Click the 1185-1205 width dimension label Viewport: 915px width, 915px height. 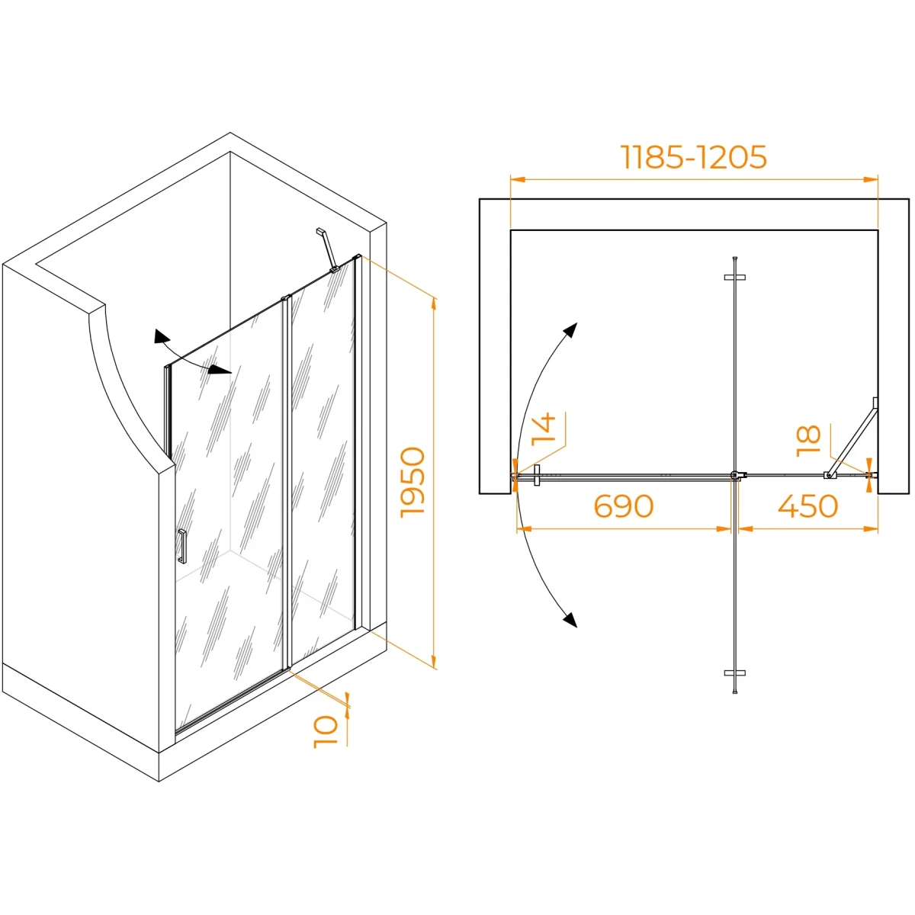[694, 157]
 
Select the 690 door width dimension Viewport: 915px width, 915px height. [624, 506]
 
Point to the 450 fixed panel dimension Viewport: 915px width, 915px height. [807, 506]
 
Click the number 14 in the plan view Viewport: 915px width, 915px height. [544, 429]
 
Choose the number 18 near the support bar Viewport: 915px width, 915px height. [809, 441]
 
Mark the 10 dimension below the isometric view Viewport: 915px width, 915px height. [326, 732]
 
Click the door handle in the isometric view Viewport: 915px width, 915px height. [182, 547]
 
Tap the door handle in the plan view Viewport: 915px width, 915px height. [537, 475]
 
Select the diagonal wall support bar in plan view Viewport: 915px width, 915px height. [852, 438]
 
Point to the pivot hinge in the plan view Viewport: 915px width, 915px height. [736, 475]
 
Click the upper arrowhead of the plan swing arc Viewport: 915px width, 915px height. [570, 329]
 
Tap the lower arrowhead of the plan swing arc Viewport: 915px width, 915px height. [570, 620]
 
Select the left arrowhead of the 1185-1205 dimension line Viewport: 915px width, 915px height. [517, 179]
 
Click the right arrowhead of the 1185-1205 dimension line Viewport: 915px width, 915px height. [871, 179]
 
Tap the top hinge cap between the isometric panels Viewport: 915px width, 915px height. [285, 297]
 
